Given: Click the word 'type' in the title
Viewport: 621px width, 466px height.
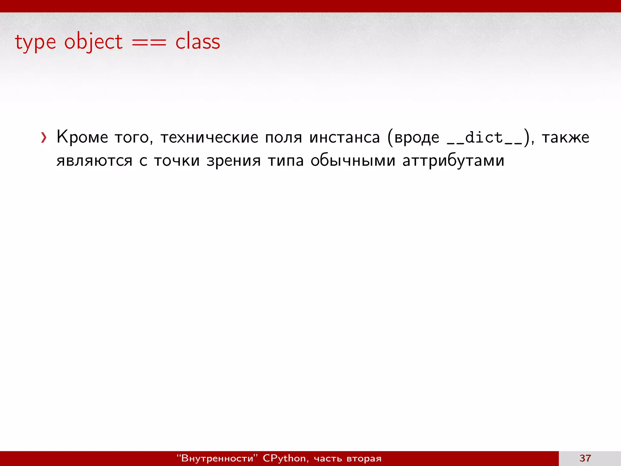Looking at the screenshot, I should pyautogui.click(x=35, y=42).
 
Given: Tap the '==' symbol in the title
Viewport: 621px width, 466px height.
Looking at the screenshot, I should pyautogui.click(x=149, y=42).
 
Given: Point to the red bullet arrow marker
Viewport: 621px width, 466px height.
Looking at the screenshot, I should pyautogui.click(x=44, y=138).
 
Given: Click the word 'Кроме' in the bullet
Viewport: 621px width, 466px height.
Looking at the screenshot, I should pyautogui.click(x=82, y=137).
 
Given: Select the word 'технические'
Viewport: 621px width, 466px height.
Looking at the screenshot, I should pyautogui.click(x=209, y=137).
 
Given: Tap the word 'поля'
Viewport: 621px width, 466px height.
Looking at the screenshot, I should pyautogui.click(x=284, y=137).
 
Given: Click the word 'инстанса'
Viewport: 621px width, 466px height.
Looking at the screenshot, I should pyautogui.click(x=344, y=137).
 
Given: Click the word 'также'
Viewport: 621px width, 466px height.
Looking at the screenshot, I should pyautogui.click(x=566, y=137).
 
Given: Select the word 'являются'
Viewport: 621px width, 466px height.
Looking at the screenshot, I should pyautogui.click(x=94, y=161).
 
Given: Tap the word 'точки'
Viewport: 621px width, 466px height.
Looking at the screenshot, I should pyautogui.click(x=176, y=161).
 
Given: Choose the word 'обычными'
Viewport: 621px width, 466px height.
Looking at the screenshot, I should pyautogui.click(x=353, y=161).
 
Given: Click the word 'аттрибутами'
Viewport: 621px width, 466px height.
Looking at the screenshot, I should pyautogui.click(x=453, y=161).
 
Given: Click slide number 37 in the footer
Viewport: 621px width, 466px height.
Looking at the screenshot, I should pyautogui.click(x=585, y=458).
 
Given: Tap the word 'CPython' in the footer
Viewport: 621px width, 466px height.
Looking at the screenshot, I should pyautogui.click(x=284, y=458).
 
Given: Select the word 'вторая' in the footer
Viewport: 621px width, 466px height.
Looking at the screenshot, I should pyautogui.click(x=364, y=458).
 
